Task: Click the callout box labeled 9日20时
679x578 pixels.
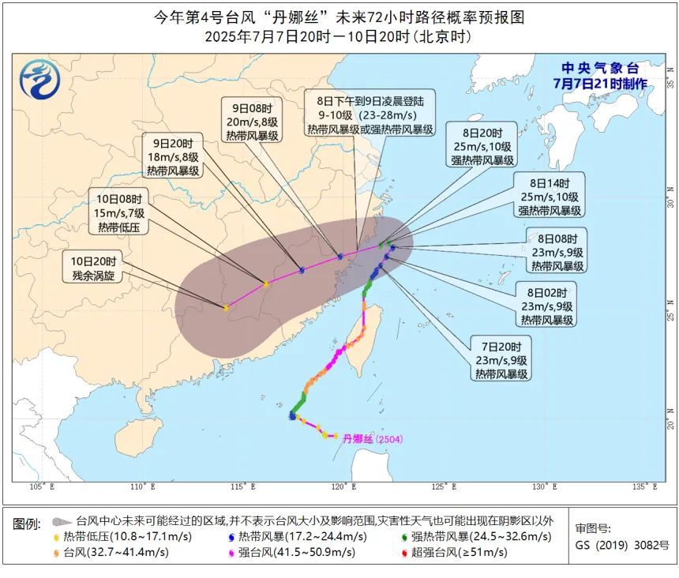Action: (172, 156)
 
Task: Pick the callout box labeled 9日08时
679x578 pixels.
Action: (249, 122)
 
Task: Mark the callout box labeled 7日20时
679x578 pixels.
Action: (503, 360)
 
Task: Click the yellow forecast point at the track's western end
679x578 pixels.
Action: (227, 308)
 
